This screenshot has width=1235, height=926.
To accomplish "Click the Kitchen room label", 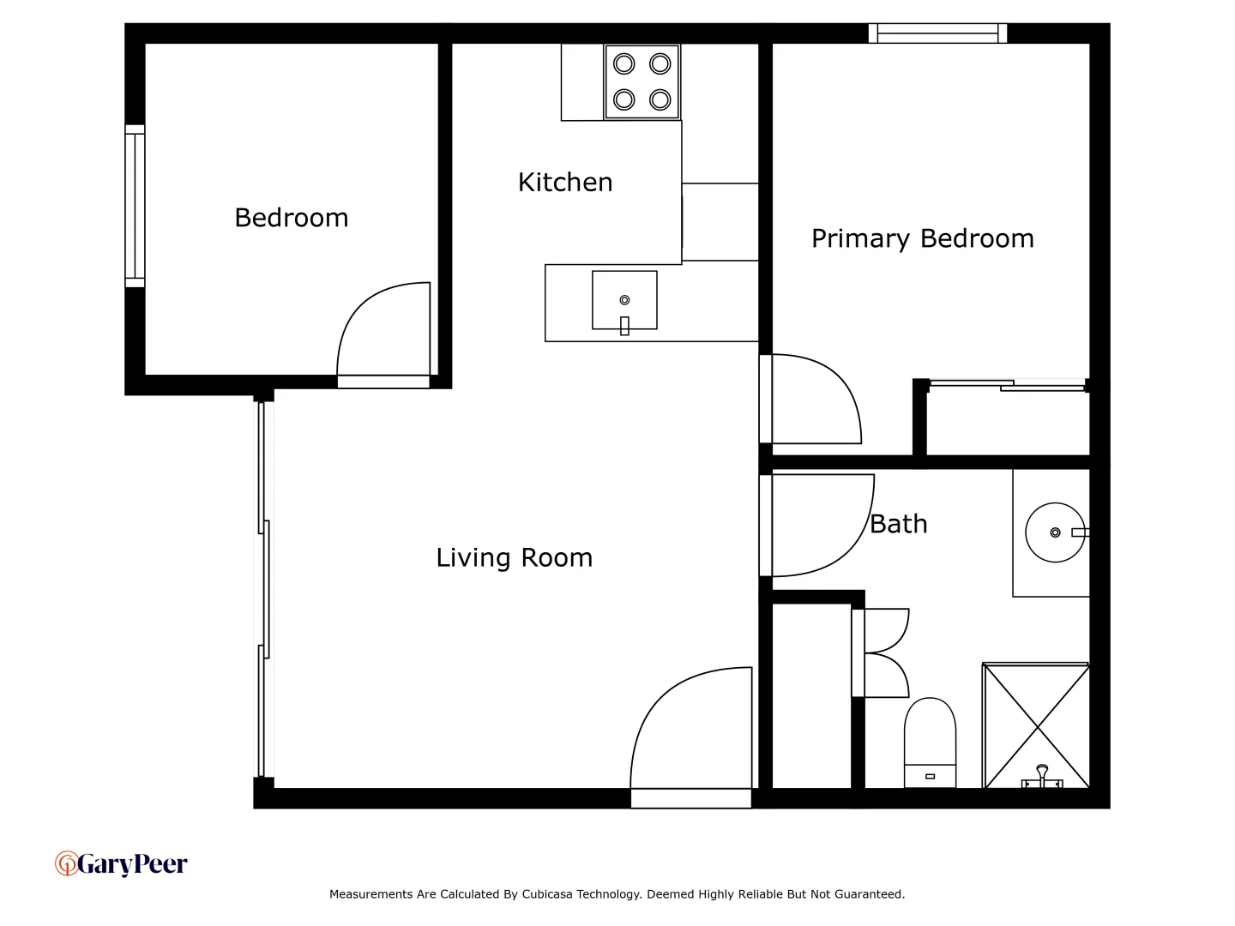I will [565, 182].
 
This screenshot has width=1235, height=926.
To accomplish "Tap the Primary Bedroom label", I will [922, 238].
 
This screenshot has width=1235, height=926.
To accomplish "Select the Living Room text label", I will [514, 557].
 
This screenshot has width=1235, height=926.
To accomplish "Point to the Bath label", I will [898, 524].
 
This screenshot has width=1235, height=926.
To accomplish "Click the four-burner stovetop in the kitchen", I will [642, 82].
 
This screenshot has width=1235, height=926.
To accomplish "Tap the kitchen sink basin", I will [624, 301].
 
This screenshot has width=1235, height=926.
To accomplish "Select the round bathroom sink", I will [1055, 532].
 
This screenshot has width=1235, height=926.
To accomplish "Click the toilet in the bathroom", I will [930, 743].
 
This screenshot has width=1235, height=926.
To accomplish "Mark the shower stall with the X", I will [1036, 725].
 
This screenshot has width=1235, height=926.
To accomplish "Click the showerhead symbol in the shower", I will [1042, 776].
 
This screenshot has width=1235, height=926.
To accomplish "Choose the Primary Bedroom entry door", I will [815, 400].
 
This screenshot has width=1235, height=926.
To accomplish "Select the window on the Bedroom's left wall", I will [135, 206].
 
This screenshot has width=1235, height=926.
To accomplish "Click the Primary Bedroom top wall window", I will [937, 33].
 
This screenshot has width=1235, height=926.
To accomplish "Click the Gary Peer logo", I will [121, 863].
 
